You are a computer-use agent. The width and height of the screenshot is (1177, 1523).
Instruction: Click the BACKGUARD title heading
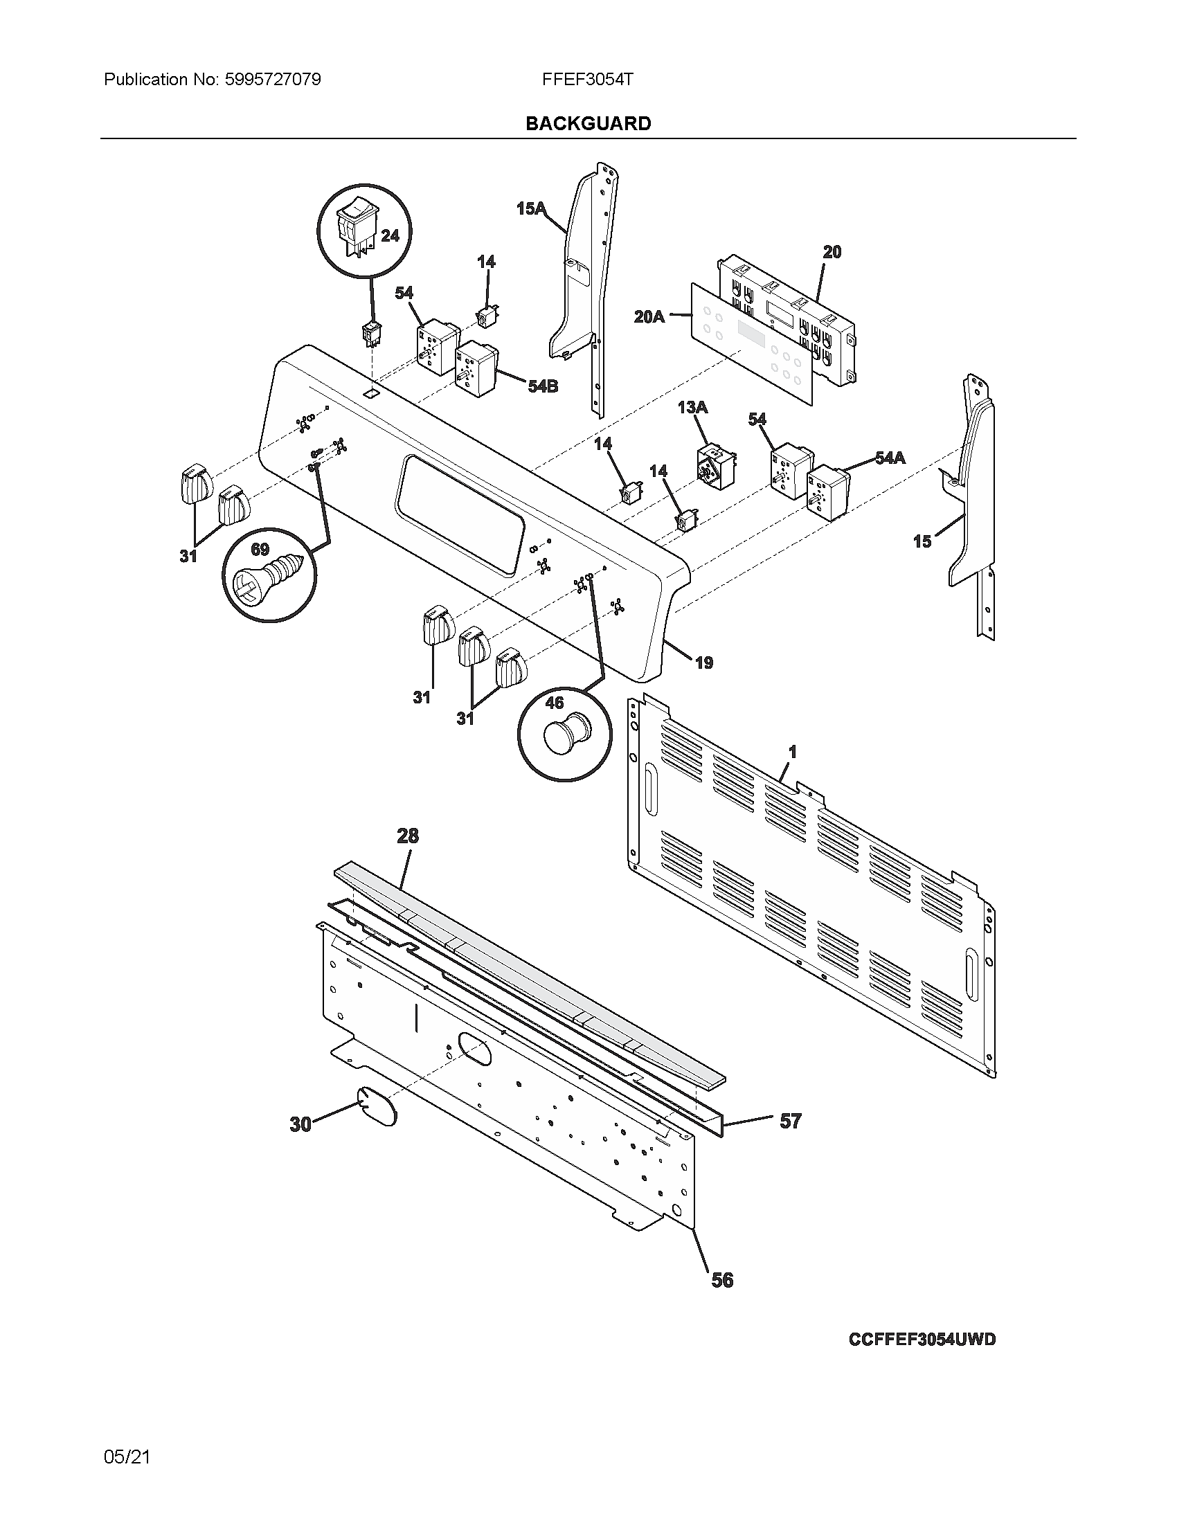point(588,123)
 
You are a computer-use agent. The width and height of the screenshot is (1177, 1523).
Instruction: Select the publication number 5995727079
point(273,80)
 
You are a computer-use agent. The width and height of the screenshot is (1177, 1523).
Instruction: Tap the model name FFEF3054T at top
point(587,80)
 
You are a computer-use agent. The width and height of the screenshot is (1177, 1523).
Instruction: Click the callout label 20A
point(649,316)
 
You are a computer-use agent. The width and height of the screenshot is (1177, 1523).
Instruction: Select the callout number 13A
point(692,407)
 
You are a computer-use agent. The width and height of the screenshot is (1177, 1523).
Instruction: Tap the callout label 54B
point(543,386)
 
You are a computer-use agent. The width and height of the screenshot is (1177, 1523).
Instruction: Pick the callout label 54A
point(890,458)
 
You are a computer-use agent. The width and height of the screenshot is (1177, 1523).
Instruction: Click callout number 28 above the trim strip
point(408,836)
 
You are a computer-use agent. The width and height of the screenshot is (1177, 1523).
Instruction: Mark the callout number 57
point(790,1121)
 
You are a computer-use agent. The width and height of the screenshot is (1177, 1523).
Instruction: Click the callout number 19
point(704,663)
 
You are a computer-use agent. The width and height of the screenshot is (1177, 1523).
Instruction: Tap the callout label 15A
point(530,208)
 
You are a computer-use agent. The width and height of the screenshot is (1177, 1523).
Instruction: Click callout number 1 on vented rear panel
point(792,752)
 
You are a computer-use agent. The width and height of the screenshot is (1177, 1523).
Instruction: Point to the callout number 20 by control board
point(832,252)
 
